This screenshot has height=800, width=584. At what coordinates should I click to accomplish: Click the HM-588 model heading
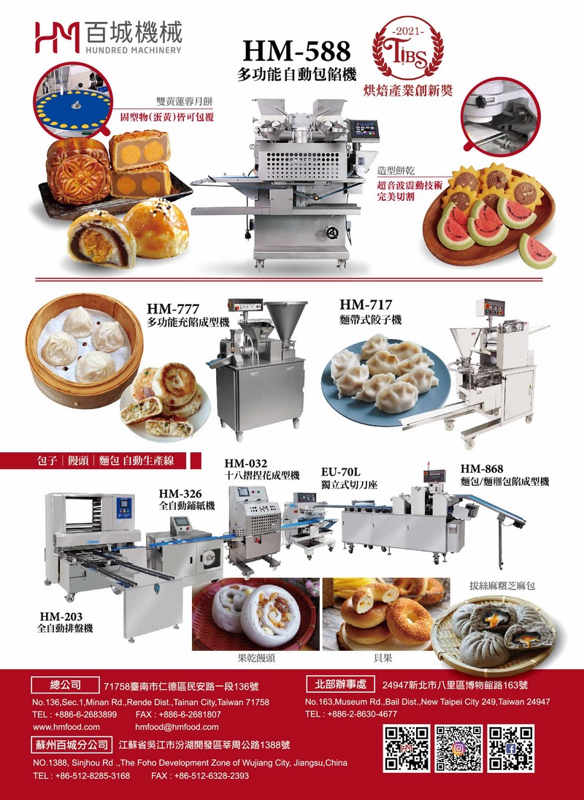pyautogui.click(x=296, y=52)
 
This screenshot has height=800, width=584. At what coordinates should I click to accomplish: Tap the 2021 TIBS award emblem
pyautogui.click(x=407, y=47)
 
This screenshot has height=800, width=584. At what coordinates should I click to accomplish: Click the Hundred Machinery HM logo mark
pyautogui.click(x=57, y=37)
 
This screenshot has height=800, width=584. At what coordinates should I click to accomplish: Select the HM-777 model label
pyautogui.click(x=173, y=308)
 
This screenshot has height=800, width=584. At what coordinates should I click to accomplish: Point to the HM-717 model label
pyautogui.click(x=366, y=305)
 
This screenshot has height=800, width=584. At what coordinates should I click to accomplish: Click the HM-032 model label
pyautogui.click(x=245, y=463)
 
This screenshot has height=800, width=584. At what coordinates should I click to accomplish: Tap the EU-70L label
pyautogui.click(x=340, y=472)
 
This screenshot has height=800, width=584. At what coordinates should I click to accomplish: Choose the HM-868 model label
pyautogui.click(x=482, y=469)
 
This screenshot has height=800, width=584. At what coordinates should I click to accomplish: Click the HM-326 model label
pyautogui.click(x=180, y=493)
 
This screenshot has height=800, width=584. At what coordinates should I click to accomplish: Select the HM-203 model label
pyautogui.click(x=61, y=617)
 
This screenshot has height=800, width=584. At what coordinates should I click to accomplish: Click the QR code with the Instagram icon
pyautogui.click(x=458, y=748)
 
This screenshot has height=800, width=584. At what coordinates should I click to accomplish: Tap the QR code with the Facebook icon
pyautogui.click(x=510, y=748)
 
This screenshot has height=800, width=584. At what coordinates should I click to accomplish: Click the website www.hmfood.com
pyautogui.click(x=66, y=727)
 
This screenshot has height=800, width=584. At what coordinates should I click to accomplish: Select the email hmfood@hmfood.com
pyautogui.click(x=177, y=727)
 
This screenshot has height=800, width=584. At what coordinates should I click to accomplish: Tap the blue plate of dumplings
pyautogui.click(x=385, y=381)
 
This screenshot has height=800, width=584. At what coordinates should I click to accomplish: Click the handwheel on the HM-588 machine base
pyautogui.click(x=332, y=232)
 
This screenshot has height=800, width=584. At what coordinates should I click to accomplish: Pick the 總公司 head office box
pyautogui.click(x=65, y=684)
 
